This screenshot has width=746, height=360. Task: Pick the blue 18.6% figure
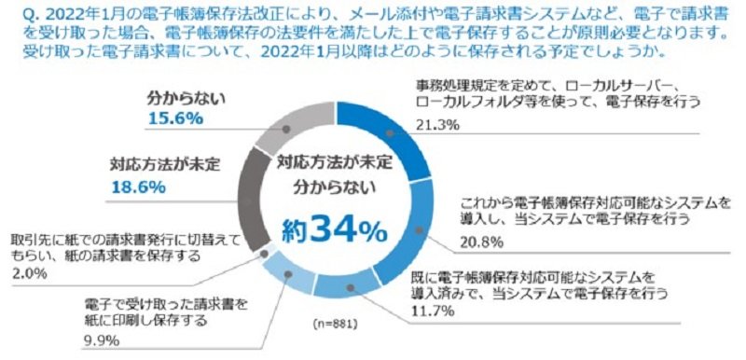[138, 187]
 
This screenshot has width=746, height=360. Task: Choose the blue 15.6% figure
[175, 118]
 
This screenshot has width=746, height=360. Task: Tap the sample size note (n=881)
[336, 325]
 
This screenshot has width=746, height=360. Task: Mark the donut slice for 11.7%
[347, 288]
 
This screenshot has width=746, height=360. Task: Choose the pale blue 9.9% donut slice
[288, 273]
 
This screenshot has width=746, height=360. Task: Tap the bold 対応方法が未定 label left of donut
[165, 164]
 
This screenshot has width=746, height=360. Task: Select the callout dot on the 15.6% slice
[286, 130]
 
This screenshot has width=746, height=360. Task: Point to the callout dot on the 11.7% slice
[351, 288]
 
